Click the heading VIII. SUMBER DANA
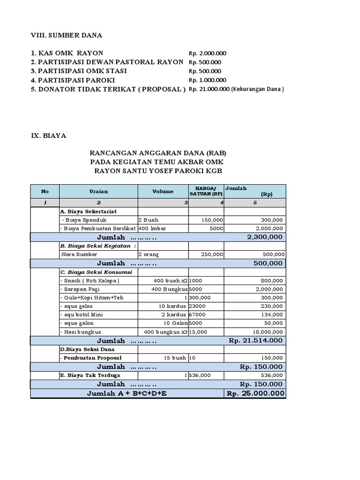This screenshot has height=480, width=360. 66,35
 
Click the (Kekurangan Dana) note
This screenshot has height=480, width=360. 258,89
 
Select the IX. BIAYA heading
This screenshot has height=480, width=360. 49,135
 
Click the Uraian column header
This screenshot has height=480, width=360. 98,191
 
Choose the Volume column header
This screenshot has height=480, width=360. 163,191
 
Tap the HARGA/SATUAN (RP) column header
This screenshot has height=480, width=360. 206,191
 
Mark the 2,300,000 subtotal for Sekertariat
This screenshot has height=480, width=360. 265,237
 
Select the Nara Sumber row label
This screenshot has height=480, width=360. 74,254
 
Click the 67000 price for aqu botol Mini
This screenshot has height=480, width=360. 197,315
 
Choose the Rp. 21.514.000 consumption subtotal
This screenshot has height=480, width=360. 256,340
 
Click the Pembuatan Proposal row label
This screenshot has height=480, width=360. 88,358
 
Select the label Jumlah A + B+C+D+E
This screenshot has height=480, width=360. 127,393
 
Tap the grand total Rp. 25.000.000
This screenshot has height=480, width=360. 255,393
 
